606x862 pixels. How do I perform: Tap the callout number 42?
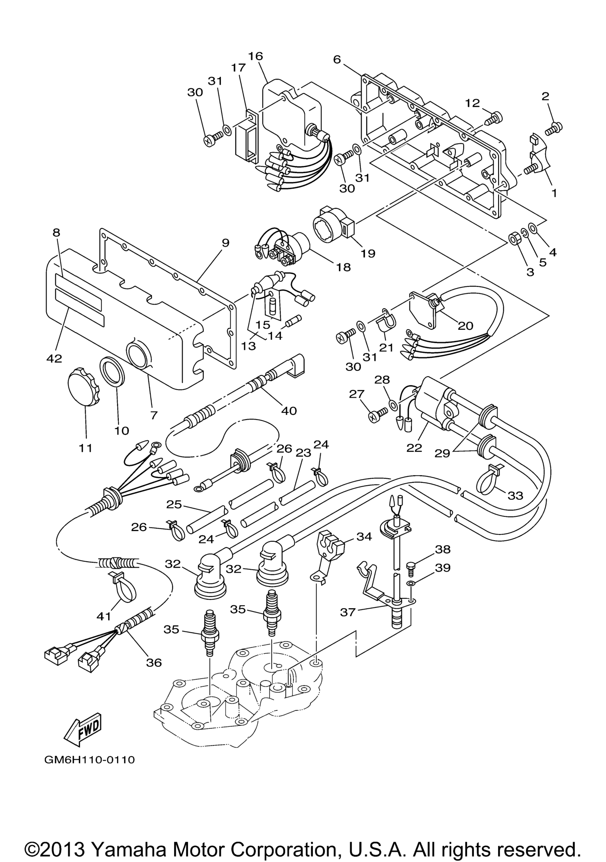[54, 359]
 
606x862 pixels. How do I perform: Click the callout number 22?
[414, 448]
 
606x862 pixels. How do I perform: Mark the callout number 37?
[347, 612]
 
